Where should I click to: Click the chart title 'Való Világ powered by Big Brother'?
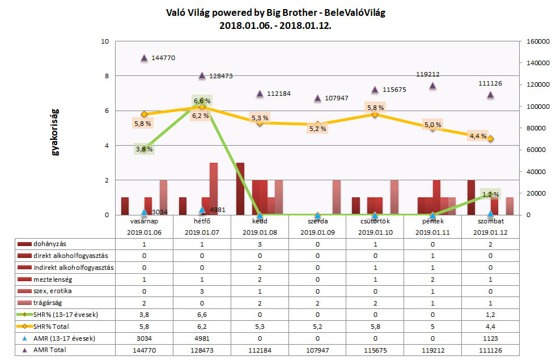pos(275,12)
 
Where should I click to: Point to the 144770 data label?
pos(168,58)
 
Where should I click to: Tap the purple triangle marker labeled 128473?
pos(202,75)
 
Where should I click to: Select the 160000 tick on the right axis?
pos(535,42)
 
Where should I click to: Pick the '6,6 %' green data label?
pos(202,101)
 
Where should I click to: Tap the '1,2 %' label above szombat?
pos(490,194)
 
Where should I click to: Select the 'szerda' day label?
pos(317,221)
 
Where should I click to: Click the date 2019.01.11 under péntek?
pos(432,231)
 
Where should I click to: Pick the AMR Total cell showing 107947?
pos(317,350)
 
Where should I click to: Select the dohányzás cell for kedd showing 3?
pos(260,243)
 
